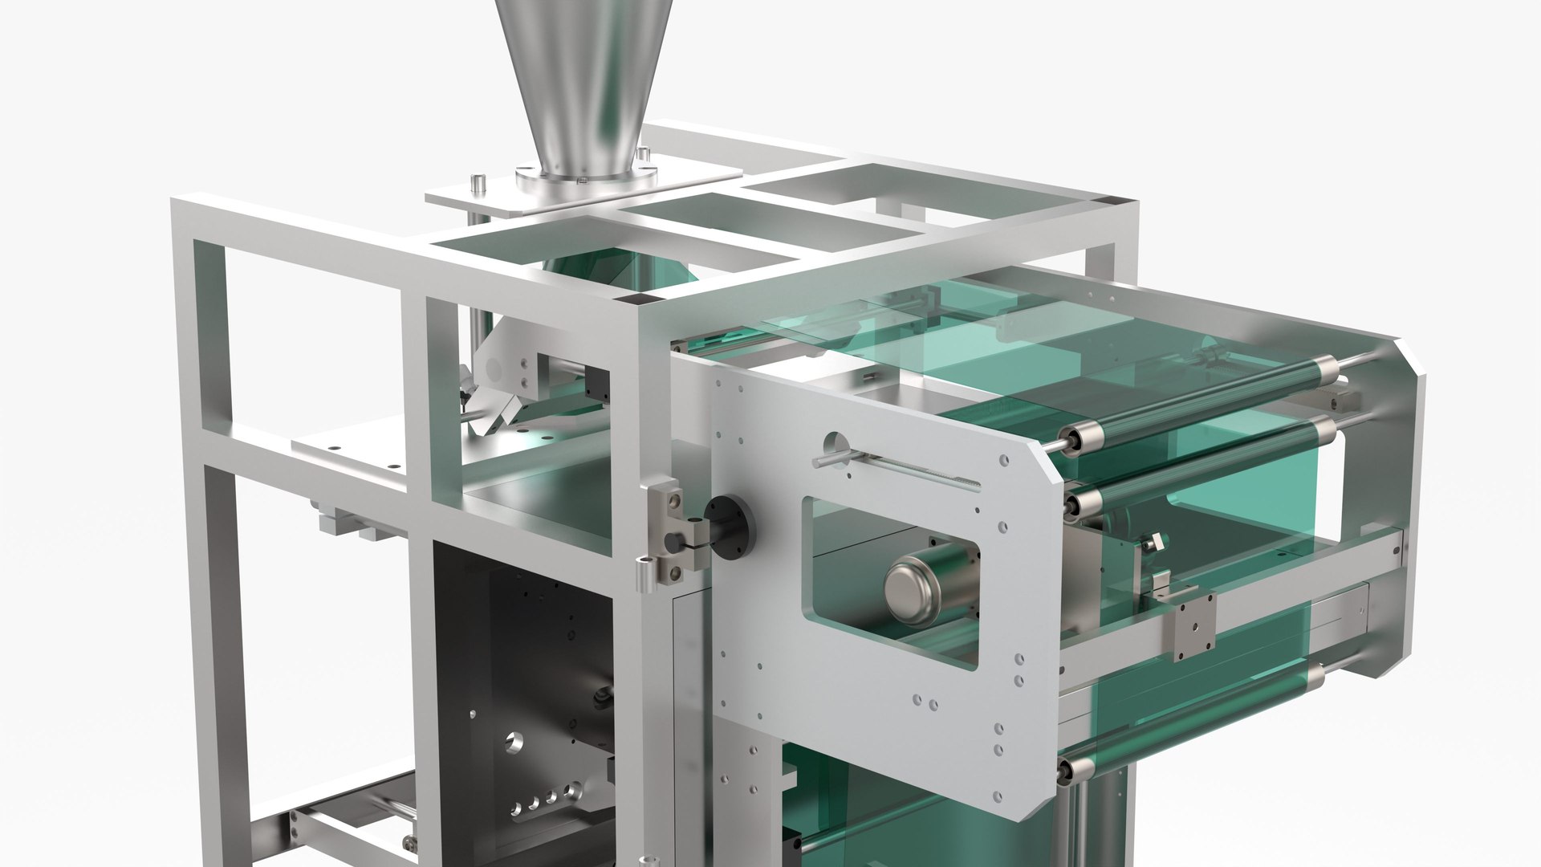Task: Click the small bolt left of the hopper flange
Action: coord(477,182)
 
